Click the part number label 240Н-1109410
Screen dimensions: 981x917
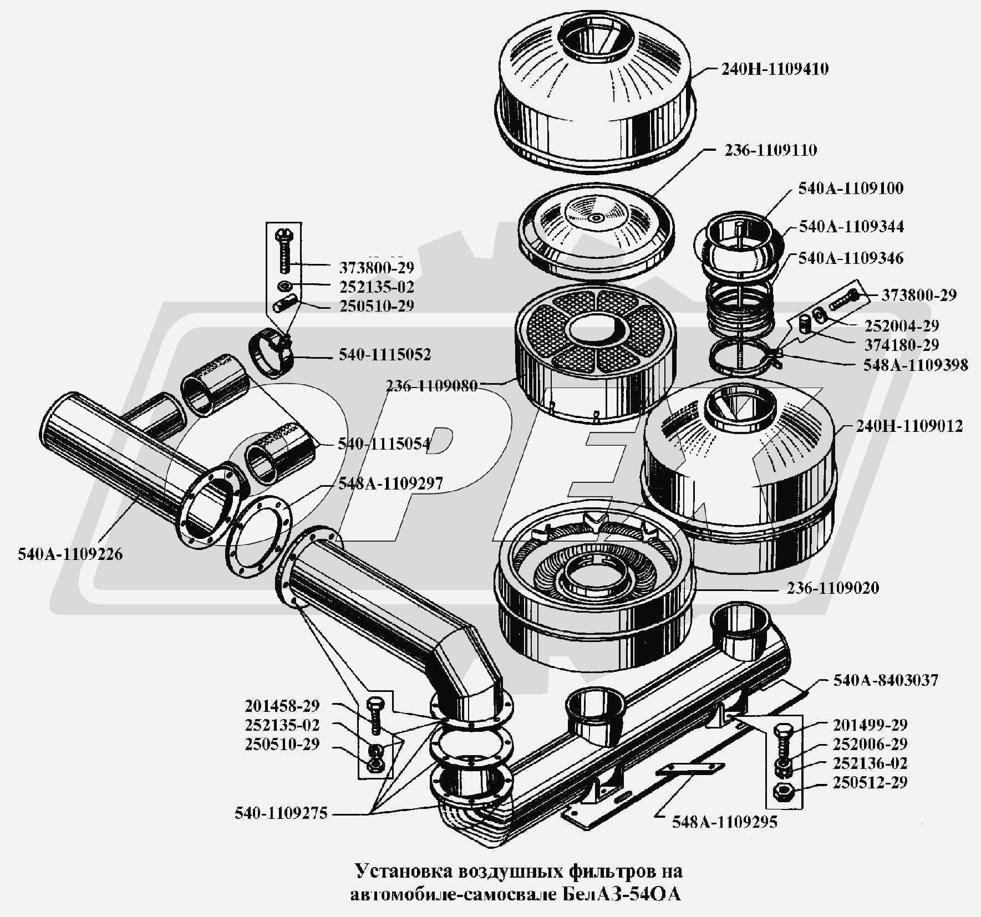click(x=775, y=69)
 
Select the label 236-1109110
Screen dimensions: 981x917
click(x=770, y=150)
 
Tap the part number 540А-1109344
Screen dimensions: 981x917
click(x=851, y=226)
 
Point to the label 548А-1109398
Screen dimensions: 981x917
click(x=916, y=365)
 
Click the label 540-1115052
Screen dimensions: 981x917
click(x=385, y=354)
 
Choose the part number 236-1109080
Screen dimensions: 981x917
click(x=432, y=386)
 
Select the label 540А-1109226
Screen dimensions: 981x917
click(x=70, y=554)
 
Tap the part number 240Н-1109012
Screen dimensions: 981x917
click(x=909, y=426)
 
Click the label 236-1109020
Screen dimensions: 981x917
click(x=833, y=588)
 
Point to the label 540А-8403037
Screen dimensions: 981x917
click(x=886, y=680)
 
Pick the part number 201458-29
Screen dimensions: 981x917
click(x=282, y=706)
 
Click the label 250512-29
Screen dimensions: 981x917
click(x=870, y=782)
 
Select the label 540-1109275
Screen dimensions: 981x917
click(x=281, y=813)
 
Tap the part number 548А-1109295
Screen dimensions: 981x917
click(x=725, y=822)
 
